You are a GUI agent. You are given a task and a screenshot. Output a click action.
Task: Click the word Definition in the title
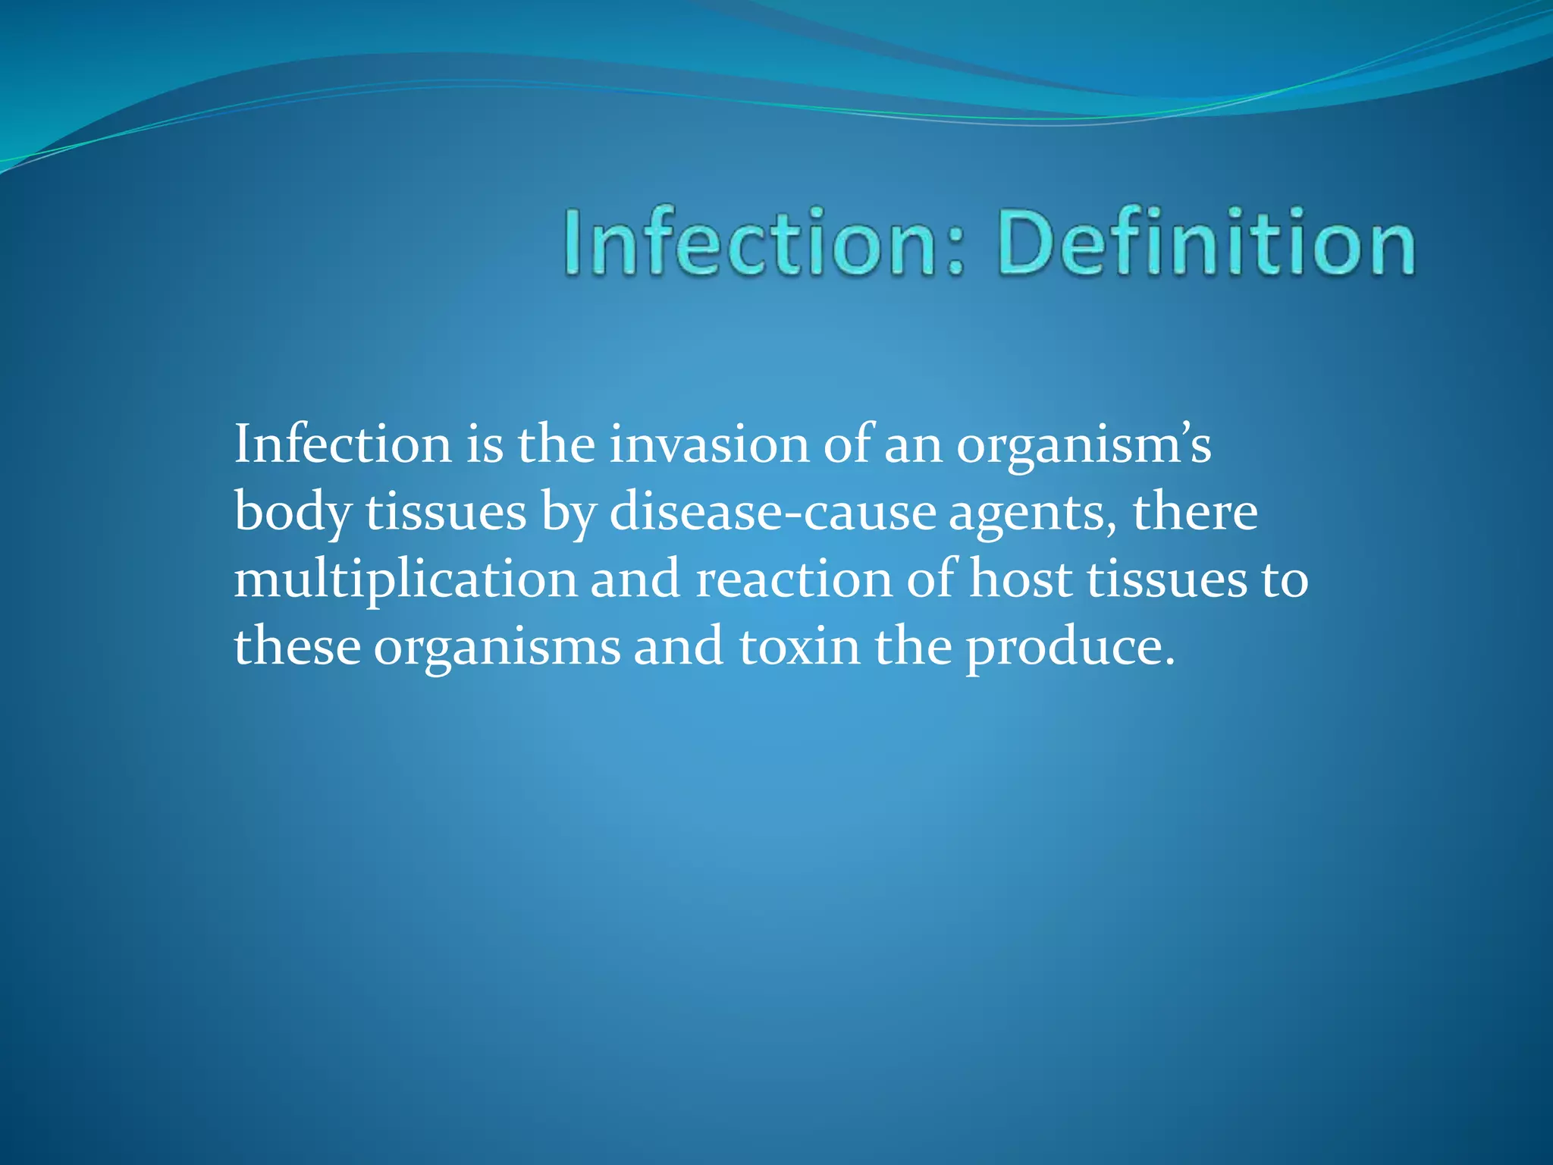click(x=1206, y=243)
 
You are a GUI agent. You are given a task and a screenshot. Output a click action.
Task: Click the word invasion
click(x=710, y=444)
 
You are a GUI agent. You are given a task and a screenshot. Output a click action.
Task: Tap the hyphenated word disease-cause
click(x=773, y=513)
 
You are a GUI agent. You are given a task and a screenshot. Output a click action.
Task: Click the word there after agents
click(x=1195, y=513)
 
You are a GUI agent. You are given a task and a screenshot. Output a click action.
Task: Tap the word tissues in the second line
click(x=446, y=513)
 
